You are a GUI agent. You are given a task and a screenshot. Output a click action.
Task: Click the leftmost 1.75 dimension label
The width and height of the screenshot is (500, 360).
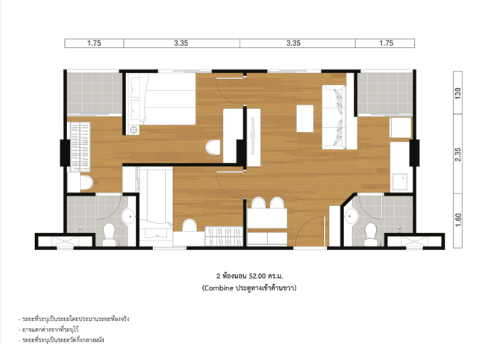pyautogui.click(x=94, y=43)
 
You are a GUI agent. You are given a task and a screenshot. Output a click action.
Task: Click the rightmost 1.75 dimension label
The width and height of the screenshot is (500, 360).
pyautogui.click(x=386, y=43)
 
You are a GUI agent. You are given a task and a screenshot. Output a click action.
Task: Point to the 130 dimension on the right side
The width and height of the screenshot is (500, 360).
pyautogui.click(x=458, y=93)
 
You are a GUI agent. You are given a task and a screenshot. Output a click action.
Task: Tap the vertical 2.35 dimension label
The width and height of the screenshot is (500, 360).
pyautogui.click(x=458, y=154)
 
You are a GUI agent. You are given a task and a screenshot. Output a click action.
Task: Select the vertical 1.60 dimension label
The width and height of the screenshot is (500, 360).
pyautogui.click(x=458, y=220)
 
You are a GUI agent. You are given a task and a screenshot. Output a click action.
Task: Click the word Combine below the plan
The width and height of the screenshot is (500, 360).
pyautogui.click(x=219, y=288)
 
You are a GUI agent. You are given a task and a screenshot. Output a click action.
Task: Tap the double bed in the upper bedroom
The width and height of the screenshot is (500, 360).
pyautogui.click(x=161, y=99)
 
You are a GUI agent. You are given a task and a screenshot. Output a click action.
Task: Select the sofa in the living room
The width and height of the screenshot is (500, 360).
pyautogui.click(x=339, y=117)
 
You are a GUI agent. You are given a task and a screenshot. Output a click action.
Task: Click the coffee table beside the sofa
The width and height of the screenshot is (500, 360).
pyautogui.click(x=304, y=119)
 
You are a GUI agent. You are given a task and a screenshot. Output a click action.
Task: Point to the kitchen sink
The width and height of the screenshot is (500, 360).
pyautogui.click(x=399, y=182)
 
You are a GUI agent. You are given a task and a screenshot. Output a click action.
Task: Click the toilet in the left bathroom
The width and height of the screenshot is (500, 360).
pyautogui.click(x=109, y=235)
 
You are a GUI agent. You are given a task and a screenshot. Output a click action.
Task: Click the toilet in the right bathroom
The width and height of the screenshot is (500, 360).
pyautogui.click(x=371, y=235)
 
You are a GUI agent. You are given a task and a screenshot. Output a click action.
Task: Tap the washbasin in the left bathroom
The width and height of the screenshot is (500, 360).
pyautogui.click(x=128, y=217)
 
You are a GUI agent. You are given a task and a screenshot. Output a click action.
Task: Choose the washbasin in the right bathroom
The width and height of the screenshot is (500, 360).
pyautogui.click(x=351, y=217)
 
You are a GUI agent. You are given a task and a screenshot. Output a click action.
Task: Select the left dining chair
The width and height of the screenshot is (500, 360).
pyautogui.click(x=258, y=202)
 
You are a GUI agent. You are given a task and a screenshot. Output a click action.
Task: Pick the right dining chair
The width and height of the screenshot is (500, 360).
pyautogui.click(x=277, y=202)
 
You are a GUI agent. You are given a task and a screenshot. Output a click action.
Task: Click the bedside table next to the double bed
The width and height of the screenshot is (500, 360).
pyautogui.click(x=134, y=130)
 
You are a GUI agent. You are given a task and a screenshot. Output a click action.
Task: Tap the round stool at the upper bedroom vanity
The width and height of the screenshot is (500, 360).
pyautogui.click(x=213, y=147)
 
